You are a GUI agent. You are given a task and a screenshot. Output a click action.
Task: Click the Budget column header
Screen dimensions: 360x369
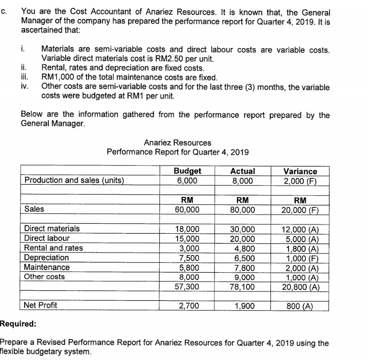tap(187, 171)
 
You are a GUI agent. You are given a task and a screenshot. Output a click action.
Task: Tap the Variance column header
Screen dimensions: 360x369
tap(301, 171)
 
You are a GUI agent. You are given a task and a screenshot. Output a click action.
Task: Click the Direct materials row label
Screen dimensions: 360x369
tap(52, 228)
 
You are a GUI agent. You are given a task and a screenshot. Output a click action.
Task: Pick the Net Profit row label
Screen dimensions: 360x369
tap(41, 305)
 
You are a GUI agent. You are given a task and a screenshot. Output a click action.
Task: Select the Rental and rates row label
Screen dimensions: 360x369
tap(54, 248)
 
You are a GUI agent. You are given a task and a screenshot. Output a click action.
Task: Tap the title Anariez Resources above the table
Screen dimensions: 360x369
tap(177, 143)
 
